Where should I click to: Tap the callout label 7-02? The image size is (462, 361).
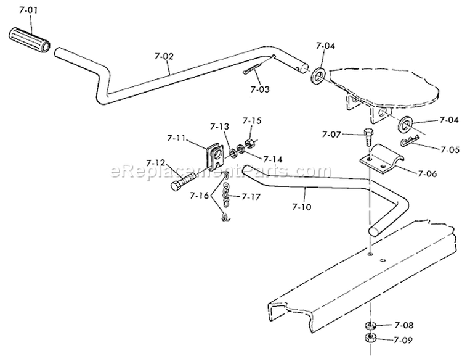(x=164, y=56)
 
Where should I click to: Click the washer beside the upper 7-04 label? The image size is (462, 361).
(x=318, y=76)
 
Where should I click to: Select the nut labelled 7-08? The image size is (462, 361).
(x=370, y=325)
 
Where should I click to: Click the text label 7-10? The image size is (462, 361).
(x=301, y=207)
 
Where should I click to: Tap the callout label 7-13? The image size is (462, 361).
(x=219, y=127)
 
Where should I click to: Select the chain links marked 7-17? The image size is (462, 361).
(x=225, y=195)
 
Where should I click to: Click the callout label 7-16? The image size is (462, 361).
(x=200, y=196)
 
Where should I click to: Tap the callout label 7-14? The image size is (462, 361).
(x=272, y=159)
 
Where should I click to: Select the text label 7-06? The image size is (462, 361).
(x=428, y=173)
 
